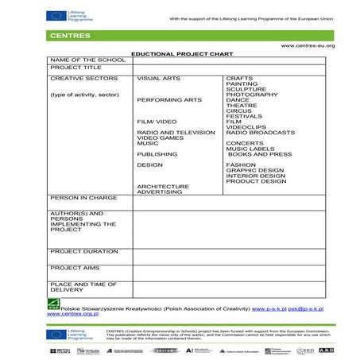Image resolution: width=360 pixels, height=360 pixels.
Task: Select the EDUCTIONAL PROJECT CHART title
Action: coord(179,52)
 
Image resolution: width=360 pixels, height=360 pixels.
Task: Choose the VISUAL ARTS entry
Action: coord(158,78)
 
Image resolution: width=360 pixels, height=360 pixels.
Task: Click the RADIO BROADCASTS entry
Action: coord(260,132)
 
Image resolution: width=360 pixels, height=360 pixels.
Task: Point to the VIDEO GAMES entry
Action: coord(161,137)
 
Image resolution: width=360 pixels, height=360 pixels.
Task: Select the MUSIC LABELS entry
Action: coord(249,149)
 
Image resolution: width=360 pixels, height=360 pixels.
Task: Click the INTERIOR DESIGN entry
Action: coord(254,175)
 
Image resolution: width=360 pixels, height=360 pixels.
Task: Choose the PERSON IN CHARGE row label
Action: coord(83,197)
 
